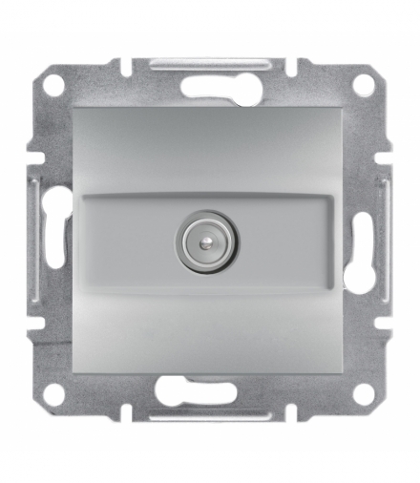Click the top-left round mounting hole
(55, 84)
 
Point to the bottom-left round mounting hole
(55, 391)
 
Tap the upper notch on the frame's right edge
(387, 153)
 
